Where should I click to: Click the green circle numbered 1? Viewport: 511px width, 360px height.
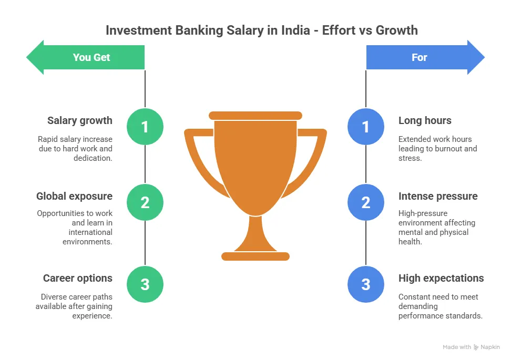(145, 127)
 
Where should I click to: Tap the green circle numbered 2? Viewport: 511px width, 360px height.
(145, 202)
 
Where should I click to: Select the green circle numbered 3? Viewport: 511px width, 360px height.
(145, 284)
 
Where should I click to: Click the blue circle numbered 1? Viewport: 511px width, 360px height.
(366, 127)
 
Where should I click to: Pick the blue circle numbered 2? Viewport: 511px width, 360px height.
(366, 202)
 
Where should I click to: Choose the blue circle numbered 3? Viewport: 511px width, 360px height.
(366, 284)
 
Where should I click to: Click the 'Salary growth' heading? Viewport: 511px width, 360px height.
(80, 121)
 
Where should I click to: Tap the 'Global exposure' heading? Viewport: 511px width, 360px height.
(74, 197)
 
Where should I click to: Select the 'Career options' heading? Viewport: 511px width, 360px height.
(78, 279)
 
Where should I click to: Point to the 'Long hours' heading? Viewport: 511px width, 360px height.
(425, 121)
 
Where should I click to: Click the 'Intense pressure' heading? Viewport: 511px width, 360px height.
(438, 197)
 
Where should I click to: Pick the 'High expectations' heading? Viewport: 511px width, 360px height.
(441, 279)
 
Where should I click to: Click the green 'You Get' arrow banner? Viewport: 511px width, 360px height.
(86, 57)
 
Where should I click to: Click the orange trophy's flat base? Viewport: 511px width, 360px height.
(255, 256)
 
